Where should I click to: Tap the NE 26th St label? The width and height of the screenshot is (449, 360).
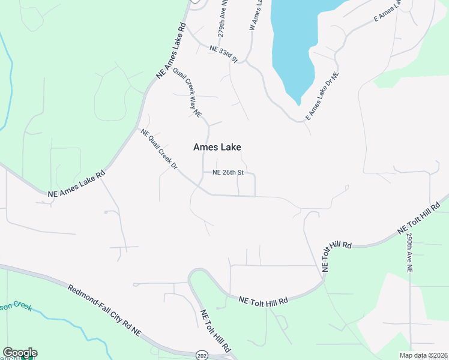coord(228,172)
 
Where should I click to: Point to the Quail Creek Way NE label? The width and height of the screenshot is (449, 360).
coord(187,92)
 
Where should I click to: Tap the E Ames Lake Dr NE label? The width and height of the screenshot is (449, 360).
coord(322,96)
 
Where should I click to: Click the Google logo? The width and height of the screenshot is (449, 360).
coord(20,353)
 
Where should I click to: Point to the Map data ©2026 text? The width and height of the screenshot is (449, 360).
coord(424,355)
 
